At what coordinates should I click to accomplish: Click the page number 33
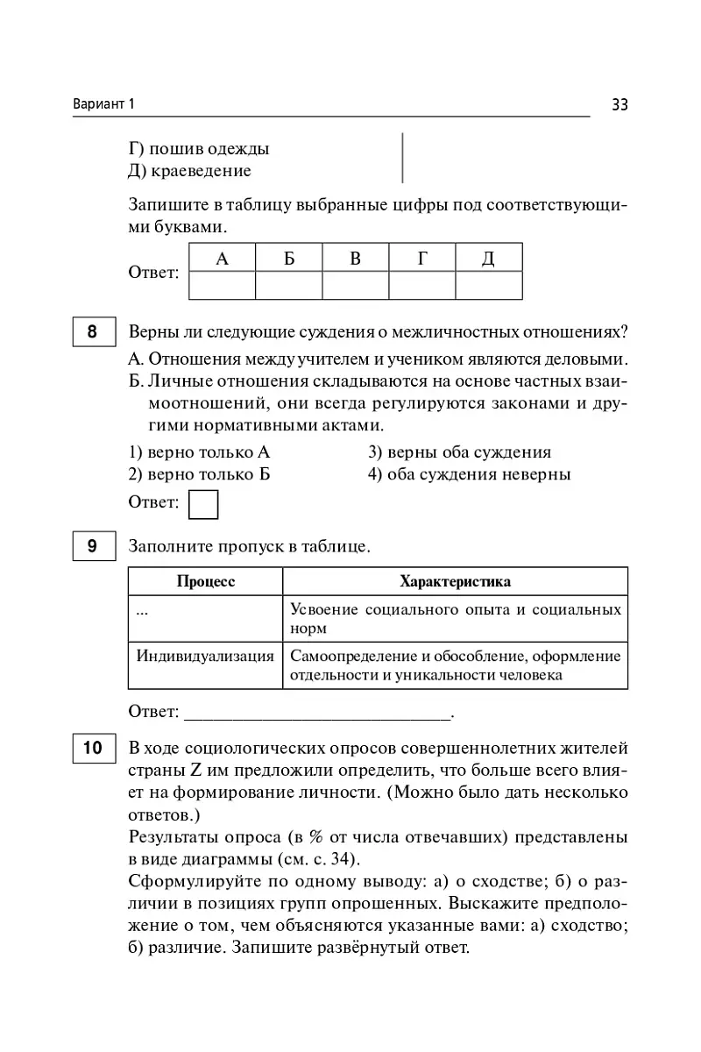point(620,104)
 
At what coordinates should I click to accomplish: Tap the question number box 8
point(93,333)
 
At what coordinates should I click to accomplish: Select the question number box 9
point(93,546)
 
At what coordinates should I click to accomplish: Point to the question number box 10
point(93,749)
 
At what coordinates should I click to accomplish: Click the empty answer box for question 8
point(203,504)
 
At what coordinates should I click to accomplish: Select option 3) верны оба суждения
point(459,452)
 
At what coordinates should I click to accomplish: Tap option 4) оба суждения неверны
point(469,474)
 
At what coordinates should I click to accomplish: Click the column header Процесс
point(206,581)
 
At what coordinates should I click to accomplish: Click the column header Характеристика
point(455,581)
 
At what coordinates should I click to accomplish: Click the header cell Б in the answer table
point(289,258)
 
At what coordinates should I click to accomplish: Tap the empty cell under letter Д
point(489,286)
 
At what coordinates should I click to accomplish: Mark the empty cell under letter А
point(222,286)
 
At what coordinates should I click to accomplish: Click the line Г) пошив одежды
point(199,148)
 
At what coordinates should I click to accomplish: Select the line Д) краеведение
point(189,170)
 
